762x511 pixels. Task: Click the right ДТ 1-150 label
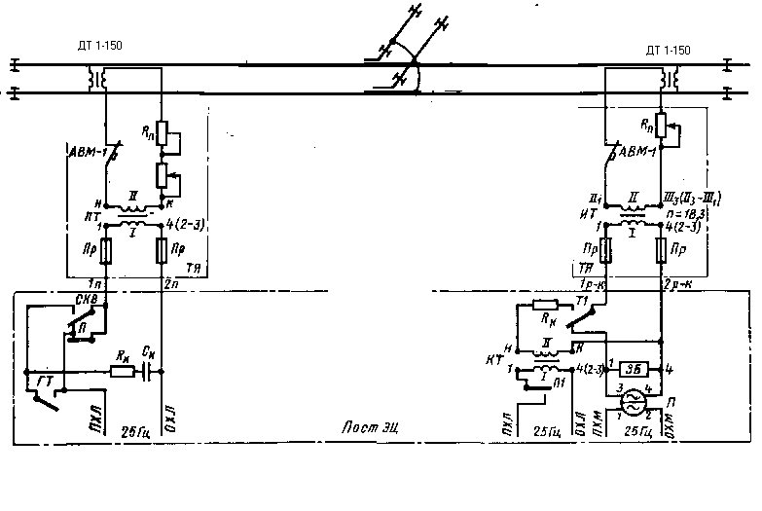coord(668,50)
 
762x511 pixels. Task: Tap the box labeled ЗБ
coord(635,368)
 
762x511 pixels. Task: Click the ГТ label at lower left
coord(44,378)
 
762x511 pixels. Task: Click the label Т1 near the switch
coord(583,302)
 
